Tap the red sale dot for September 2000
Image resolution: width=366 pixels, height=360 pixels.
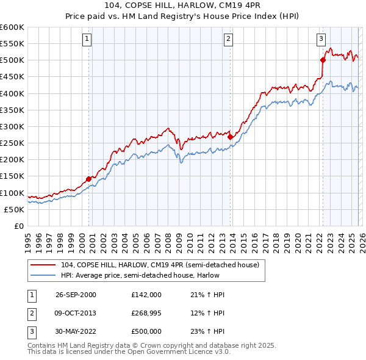pyautogui.click(x=89, y=179)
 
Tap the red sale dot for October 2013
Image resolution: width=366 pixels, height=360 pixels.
pyautogui.click(x=230, y=137)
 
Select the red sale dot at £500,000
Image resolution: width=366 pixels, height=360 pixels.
pyautogui.click(x=323, y=60)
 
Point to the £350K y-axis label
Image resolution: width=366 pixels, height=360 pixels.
pyautogui.click(x=12, y=110)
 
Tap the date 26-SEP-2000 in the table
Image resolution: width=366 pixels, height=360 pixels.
pyautogui.click(x=76, y=295)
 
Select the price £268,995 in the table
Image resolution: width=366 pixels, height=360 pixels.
pyautogui.click(x=146, y=313)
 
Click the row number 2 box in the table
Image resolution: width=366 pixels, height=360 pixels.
pyautogui.click(x=31, y=313)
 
